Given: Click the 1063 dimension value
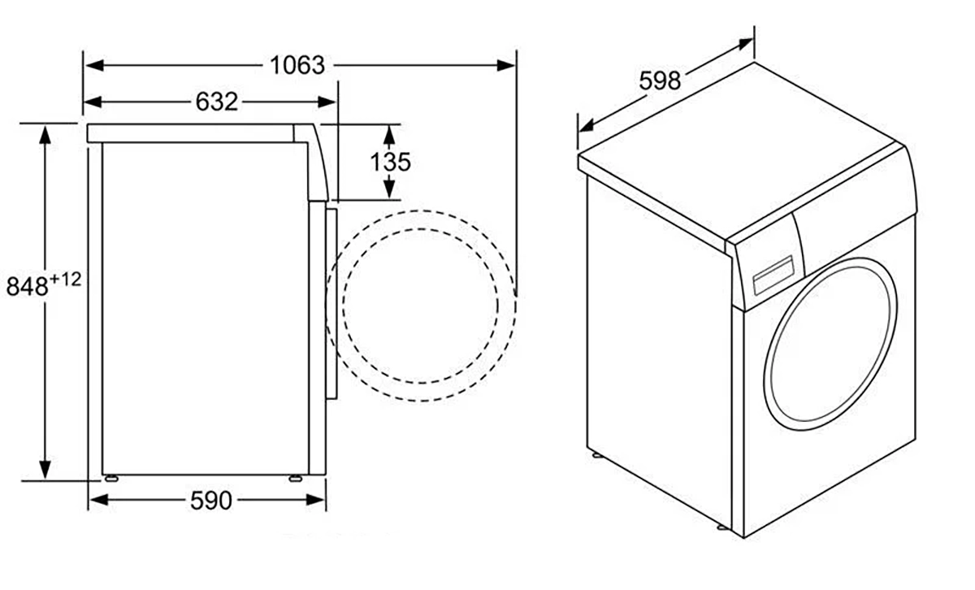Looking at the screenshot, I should click(x=297, y=65).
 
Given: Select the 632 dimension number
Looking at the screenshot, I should click(x=217, y=102).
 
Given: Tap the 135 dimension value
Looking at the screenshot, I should click(x=391, y=162).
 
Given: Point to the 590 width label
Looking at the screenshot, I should click(x=210, y=501).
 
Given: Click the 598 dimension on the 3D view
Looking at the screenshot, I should click(x=660, y=80).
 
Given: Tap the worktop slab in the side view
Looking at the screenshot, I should click(x=195, y=132).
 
